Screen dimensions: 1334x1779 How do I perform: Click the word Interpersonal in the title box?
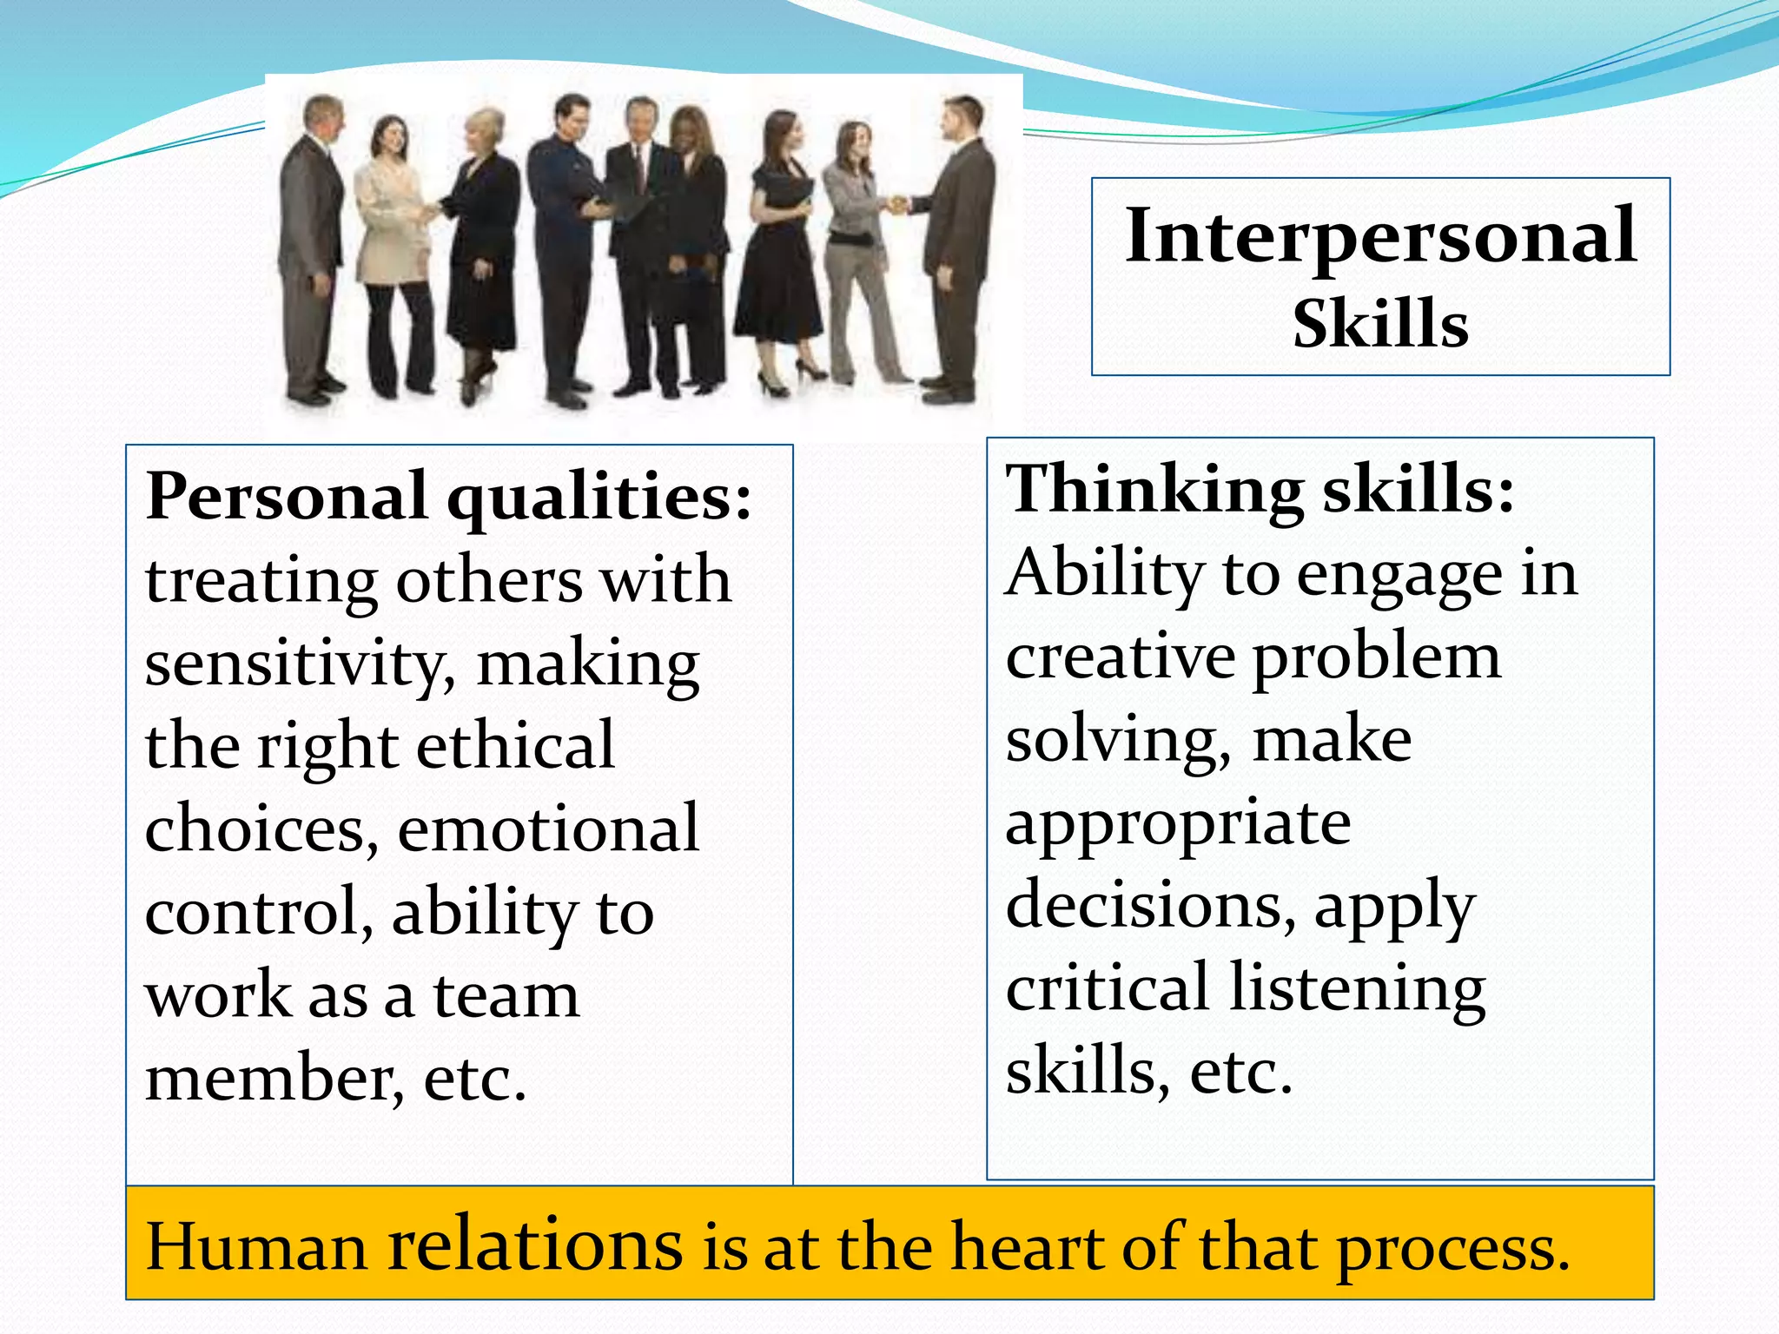1380,237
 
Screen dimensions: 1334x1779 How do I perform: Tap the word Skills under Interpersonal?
1380,324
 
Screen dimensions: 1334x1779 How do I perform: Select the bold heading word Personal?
286,497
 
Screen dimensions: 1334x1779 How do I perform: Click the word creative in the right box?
1120,657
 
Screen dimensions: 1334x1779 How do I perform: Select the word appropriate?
1178,824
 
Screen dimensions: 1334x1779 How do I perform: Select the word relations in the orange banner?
534,1245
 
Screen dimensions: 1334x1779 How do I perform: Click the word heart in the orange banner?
1028,1247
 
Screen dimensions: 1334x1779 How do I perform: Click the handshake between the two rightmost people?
896,205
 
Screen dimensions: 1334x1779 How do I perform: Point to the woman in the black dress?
777,252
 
